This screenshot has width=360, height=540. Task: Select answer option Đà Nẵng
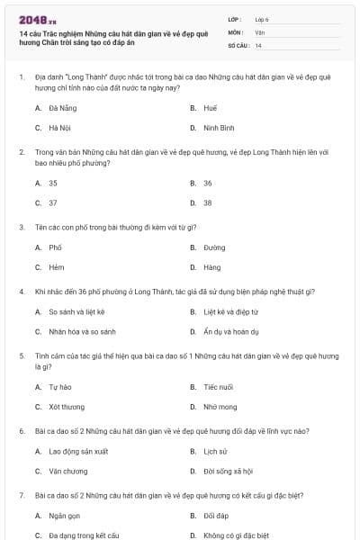click(x=61, y=107)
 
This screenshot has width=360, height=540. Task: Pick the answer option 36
click(x=208, y=183)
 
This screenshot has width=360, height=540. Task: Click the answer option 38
click(x=208, y=202)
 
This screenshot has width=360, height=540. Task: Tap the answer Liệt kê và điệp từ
click(x=230, y=312)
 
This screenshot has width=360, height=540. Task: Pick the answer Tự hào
click(x=59, y=387)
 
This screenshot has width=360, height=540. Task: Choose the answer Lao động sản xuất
click(x=78, y=451)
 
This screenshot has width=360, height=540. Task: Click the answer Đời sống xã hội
click(x=228, y=471)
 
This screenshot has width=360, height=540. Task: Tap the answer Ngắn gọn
click(x=64, y=517)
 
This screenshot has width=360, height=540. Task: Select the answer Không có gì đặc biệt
click(x=236, y=535)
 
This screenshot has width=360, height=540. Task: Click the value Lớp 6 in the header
click(x=262, y=19)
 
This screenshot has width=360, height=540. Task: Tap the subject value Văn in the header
click(x=260, y=31)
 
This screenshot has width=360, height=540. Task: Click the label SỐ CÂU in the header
click(x=238, y=45)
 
